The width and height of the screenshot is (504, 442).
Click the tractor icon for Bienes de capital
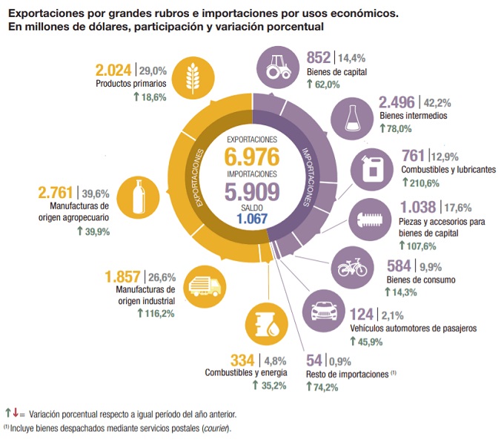[280, 67]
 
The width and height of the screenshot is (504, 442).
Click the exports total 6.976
[253, 157]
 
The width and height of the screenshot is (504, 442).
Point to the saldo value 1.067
[253, 220]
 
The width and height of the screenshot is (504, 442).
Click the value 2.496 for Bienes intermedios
[397, 102]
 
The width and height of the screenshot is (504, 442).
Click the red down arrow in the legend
[15, 412]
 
